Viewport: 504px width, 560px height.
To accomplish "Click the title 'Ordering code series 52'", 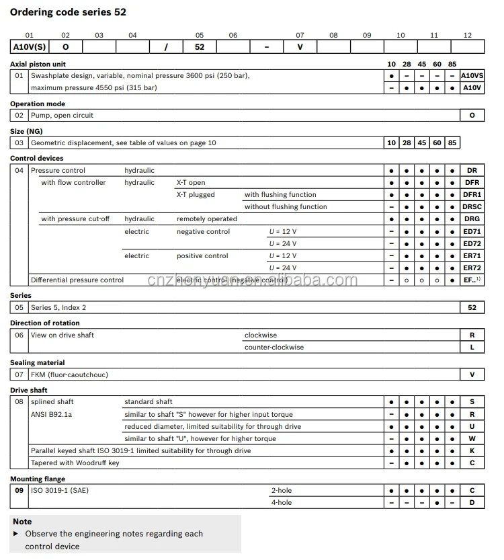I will [68, 12].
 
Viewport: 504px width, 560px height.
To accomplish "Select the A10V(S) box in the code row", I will [29, 47].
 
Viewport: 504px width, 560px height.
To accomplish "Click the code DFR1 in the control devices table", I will [472, 195].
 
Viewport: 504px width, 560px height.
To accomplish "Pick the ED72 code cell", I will [472, 243].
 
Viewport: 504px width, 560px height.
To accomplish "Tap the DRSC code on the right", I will [472, 207].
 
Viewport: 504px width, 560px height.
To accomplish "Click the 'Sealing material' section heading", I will [38, 362].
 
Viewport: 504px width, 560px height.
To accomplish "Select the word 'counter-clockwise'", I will [274, 348].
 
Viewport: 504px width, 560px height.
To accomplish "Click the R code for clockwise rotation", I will [472, 335].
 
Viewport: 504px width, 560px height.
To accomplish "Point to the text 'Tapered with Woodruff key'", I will [75, 463].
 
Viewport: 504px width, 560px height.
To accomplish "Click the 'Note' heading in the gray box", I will [22, 522].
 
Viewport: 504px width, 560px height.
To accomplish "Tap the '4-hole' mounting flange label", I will [282, 503].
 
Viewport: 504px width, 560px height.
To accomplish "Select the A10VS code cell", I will [472, 76].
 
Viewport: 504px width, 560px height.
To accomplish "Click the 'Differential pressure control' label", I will [77, 280].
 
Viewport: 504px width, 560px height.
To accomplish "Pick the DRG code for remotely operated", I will [472, 219].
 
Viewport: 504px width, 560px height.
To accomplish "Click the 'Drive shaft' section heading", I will [29, 390].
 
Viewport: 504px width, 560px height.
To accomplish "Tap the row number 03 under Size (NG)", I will [19, 143].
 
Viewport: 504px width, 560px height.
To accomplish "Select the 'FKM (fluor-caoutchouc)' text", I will [69, 374].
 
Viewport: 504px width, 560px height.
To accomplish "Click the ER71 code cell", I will [472, 256].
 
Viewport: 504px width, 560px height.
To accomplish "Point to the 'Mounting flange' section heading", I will [38, 479].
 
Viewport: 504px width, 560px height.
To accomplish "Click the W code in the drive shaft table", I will [472, 439].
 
